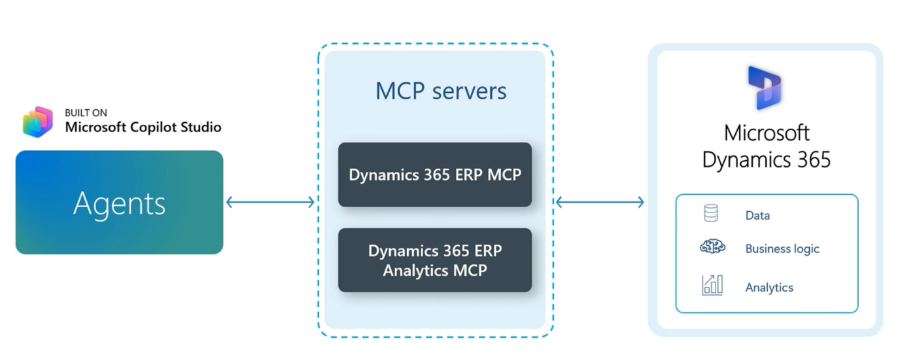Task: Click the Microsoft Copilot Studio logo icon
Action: [x=38, y=122]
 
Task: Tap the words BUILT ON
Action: [x=86, y=113]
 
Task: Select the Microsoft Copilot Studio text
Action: [x=143, y=127]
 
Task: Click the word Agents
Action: [x=119, y=203]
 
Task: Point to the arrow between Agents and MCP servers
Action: [x=270, y=202]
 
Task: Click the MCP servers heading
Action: [x=441, y=91]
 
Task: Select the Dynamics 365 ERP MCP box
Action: [x=435, y=175]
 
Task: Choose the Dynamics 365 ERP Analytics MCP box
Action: [x=435, y=260]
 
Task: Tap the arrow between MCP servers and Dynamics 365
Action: [x=600, y=202]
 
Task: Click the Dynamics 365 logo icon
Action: [x=764, y=88]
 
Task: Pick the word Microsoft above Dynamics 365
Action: [x=767, y=133]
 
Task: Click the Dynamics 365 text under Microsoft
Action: [x=767, y=159]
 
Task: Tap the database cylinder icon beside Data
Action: [x=711, y=213]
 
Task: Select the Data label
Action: [x=757, y=216]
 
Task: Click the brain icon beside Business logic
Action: [x=712, y=247]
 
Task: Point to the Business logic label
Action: [x=782, y=249]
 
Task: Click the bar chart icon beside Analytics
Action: [x=712, y=285]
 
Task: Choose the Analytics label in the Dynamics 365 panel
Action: [x=769, y=287]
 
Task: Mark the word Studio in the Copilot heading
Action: [x=201, y=127]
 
